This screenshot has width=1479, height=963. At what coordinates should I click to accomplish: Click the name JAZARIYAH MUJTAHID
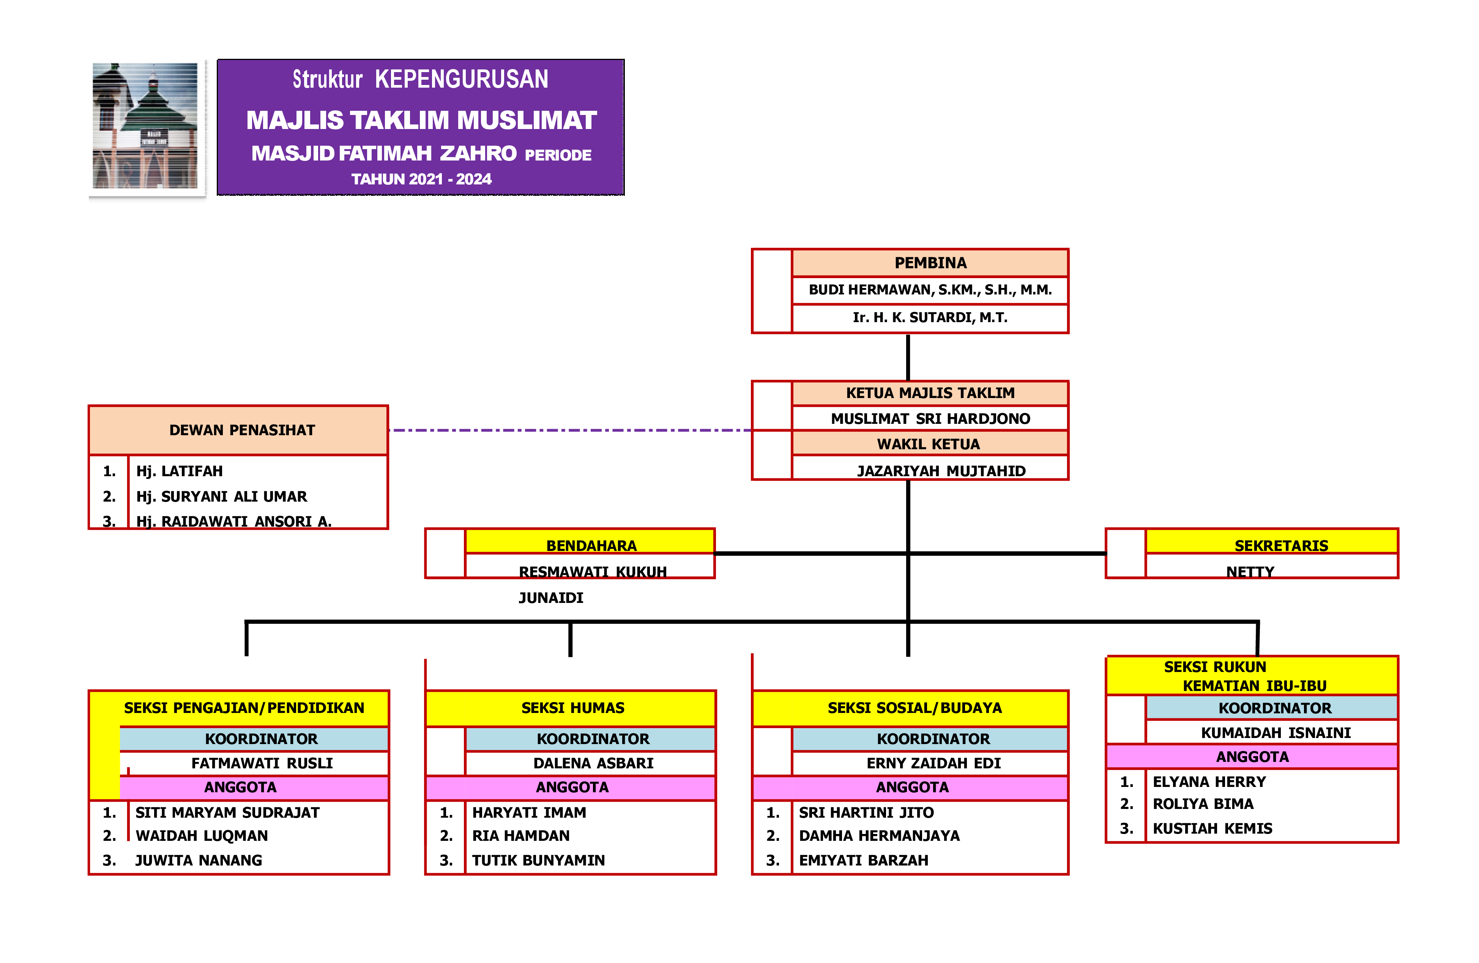click(941, 470)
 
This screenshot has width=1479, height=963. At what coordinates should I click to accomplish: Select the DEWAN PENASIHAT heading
click(242, 430)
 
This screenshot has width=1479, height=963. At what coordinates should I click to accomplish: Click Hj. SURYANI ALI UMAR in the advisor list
click(221, 496)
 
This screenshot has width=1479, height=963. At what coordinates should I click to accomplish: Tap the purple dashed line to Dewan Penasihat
click(569, 430)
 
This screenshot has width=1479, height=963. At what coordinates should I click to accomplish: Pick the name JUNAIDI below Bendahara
click(550, 598)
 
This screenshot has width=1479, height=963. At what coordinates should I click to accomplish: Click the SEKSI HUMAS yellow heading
click(572, 708)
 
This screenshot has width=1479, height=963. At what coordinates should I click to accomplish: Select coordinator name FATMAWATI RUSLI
click(262, 763)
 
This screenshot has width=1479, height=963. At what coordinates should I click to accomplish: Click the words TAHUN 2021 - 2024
click(421, 179)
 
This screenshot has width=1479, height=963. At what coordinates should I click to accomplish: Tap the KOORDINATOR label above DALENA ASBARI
click(593, 739)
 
